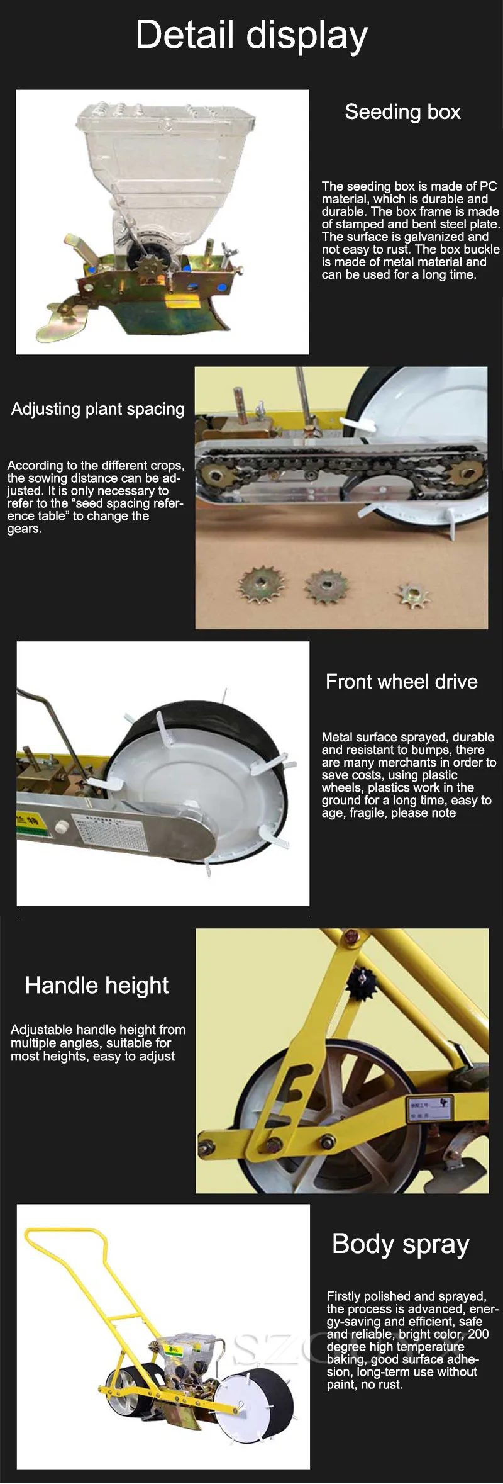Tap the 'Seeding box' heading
(402, 112)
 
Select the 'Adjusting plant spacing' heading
(98, 409)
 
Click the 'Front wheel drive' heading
(401, 682)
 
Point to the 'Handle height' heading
(97, 986)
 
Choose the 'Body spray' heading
(401, 1244)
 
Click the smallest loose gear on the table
(412, 595)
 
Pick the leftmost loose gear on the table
(261, 584)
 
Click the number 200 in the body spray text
(478, 1334)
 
